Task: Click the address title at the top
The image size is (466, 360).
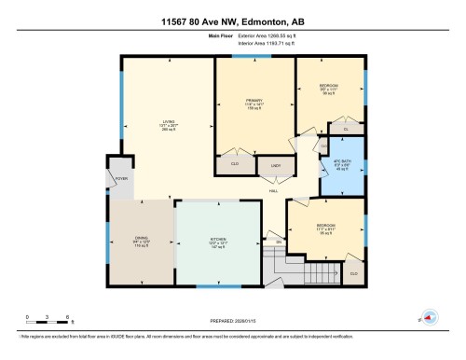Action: tap(232, 20)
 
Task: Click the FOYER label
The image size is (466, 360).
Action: tap(120, 177)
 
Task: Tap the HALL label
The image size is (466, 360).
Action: tap(274, 191)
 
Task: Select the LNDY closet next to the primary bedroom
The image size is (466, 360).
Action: tap(276, 166)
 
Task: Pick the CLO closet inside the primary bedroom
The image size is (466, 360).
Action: tap(235, 166)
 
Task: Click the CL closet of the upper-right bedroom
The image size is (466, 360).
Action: tap(345, 130)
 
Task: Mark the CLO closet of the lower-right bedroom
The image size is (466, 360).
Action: tap(353, 273)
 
